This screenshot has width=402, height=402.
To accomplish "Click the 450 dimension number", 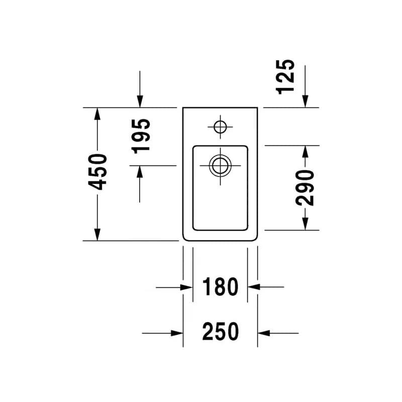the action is click(x=97, y=172).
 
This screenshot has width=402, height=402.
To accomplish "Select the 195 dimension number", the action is click(x=141, y=136).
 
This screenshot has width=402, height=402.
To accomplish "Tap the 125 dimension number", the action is click(x=285, y=77).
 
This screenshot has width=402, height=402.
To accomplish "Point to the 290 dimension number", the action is click(x=305, y=187).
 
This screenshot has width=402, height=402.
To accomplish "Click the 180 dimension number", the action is click(x=220, y=286).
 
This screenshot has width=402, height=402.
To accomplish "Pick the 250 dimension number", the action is click(x=221, y=332).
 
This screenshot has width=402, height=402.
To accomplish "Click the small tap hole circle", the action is click(x=220, y=127).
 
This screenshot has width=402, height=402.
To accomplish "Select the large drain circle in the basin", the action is click(x=220, y=166).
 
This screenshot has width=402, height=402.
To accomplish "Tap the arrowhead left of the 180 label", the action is click(x=186, y=287).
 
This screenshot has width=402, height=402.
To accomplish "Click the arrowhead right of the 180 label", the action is click(x=254, y=287).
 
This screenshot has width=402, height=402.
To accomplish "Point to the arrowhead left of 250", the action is click(x=177, y=333).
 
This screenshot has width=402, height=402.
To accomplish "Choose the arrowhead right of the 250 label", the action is click(x=264, y=333).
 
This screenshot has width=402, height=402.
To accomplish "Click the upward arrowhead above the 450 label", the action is click(x=97, y=114).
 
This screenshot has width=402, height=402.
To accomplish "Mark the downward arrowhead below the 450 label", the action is click(x=97, y=234).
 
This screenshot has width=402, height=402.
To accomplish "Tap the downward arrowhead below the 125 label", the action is click(x=305, y=102).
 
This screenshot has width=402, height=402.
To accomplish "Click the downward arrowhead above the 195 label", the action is click(x=140, y=102).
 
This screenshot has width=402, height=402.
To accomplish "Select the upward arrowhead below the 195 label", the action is click(x=140, y=172).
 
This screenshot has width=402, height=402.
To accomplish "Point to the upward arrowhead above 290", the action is click(x=305, y=152).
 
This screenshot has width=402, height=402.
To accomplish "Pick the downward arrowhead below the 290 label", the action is click(x=305, y=224).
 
